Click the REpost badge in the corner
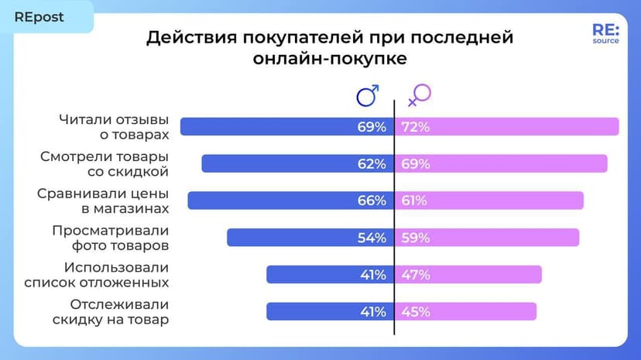click(x=39, y=17)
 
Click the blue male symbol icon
click(x=367, y=95)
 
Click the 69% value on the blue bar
click(x=372, y=127)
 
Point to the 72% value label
click(x=416, y=127)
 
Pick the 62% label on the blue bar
click(x=372, y=164)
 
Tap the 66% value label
click(x=372, y=201)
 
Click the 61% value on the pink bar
click(x=414, y=201)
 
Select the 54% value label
click(x=372, y=238)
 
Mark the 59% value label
click(x=416, y=238)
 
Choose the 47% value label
click(x=416, y=275)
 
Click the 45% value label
click(x=416, y=312)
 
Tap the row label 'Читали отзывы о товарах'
click(x=113, y=127)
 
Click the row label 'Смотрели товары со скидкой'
click(x=104, y=164)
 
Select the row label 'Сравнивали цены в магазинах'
click(x=102, y=201)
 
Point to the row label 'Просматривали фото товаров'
click(x=110, y=238)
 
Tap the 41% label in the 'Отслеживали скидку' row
click(x=372, y=312)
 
